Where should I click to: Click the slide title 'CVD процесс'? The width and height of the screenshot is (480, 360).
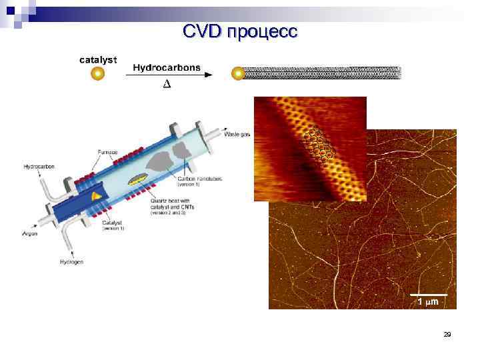(241, 31)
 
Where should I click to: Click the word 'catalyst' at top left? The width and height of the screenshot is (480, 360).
(98, 60)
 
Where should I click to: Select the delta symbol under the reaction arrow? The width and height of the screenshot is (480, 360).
(167, 84)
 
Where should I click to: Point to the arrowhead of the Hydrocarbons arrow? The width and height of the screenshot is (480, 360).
(208, 75)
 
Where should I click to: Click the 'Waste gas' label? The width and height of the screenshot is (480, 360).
(237, 134)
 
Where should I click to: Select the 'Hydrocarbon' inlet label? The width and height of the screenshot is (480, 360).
(39, 166)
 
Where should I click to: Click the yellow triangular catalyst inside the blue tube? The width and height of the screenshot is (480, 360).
(97, 195)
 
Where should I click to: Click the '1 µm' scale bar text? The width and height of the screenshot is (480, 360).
(427, 302)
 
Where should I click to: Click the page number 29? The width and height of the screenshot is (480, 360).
(447, 334)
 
